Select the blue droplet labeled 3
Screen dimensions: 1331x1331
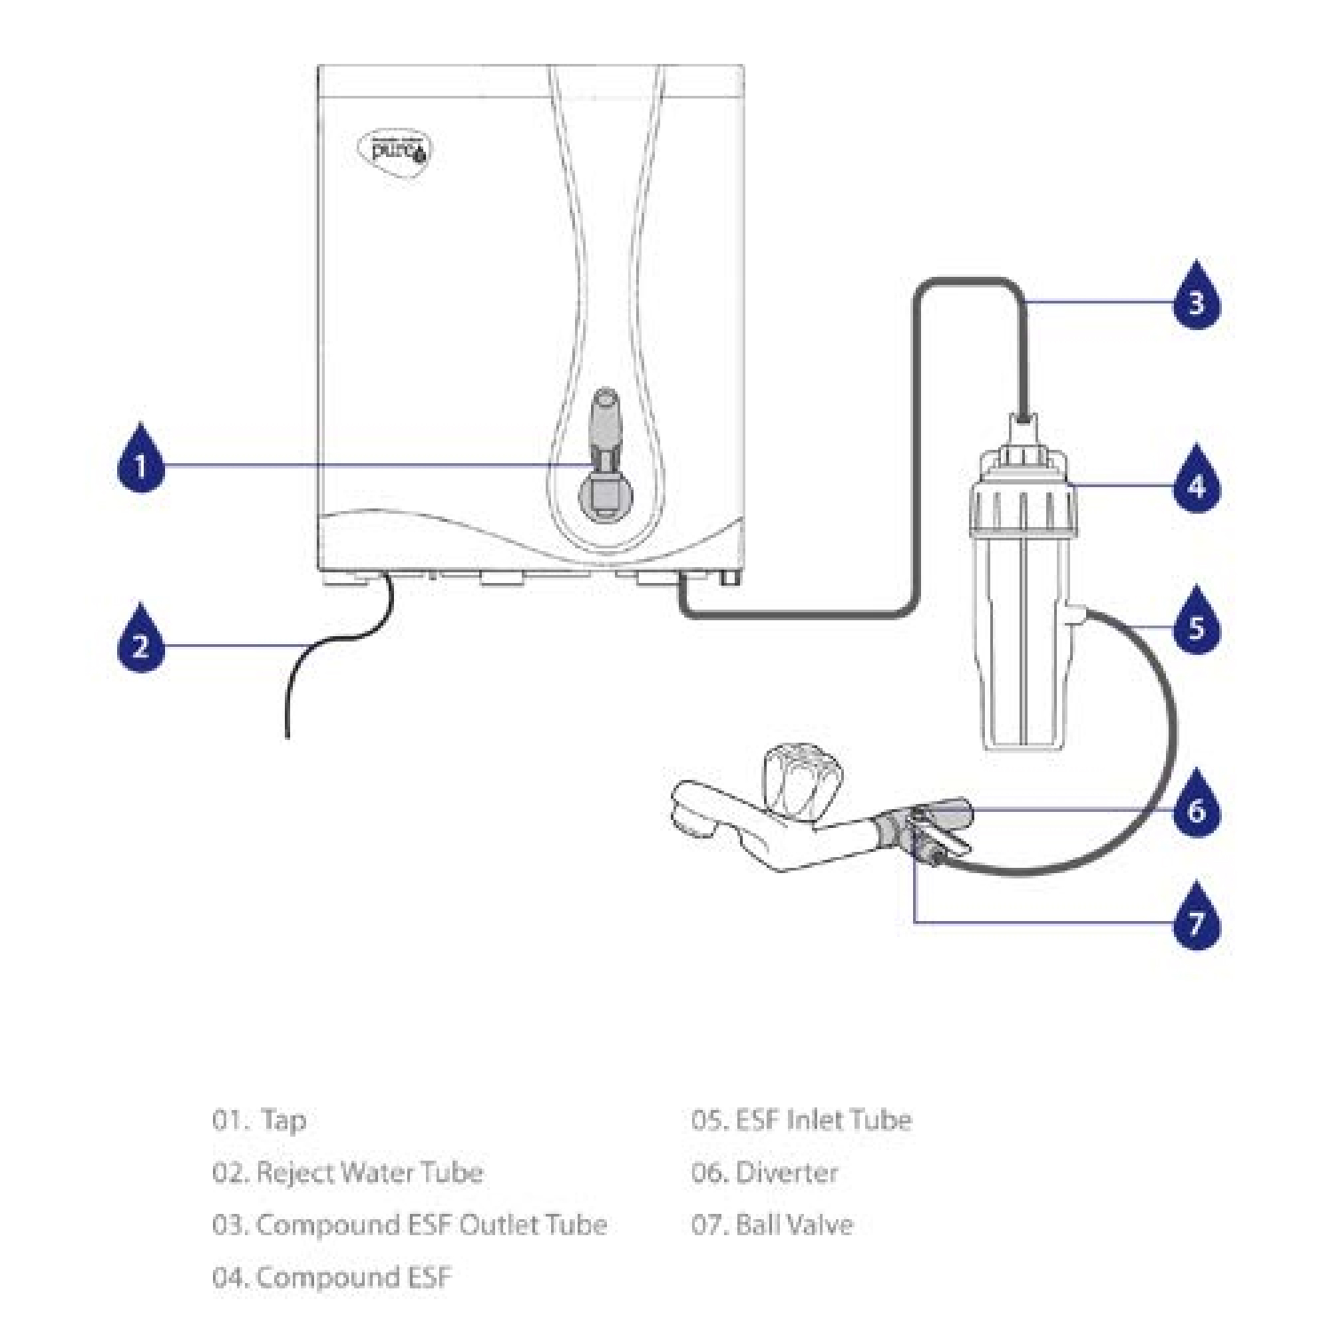pyautogui.click(x=1196, y=296)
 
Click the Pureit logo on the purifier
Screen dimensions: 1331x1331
pyautogui.click(x=395, y=150)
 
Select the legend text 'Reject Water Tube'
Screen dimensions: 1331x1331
pyautogui.click(x=369, y=1172)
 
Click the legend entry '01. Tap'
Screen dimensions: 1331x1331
pyautogui.click(x=259, y=1120)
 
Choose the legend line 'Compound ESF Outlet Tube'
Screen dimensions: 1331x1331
pyautogui.click(x=431, y=1225)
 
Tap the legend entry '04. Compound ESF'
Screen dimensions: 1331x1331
pyautogui.click(x=332, y=1277)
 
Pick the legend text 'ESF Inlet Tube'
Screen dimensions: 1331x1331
pyautogui.click(x=823, y=1119)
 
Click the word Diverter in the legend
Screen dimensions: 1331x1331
pyautogui.click(x=787, y=1172)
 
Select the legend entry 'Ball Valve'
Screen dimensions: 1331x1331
pyautogui.click(x=794, y=1225)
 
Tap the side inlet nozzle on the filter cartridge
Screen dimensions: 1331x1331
pyautogui.click(x=1075, y=613)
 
